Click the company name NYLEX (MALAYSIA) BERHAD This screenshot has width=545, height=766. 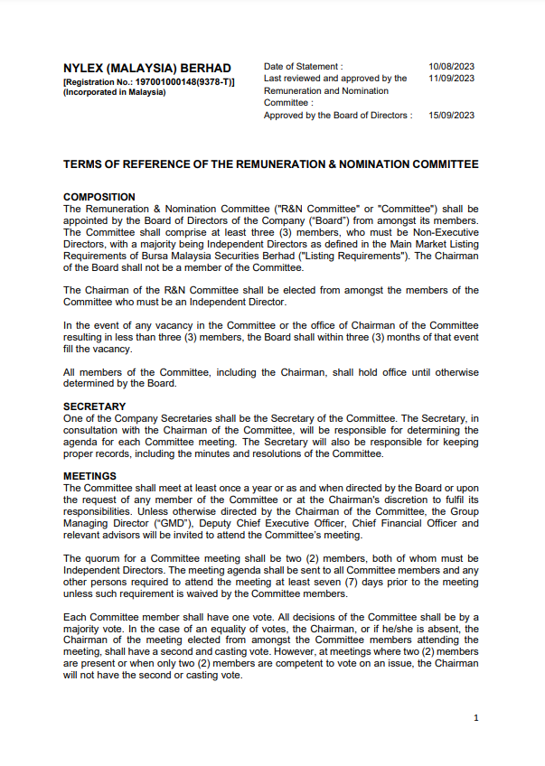point(147,68)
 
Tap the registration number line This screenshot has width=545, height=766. point(149,81)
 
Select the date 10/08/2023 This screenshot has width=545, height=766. point(452,67)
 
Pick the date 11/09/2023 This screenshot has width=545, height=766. point(452,79)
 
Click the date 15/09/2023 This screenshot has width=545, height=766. point(452,116)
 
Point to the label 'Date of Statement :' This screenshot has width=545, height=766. point(303,67)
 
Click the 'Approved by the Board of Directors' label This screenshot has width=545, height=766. point(337,116)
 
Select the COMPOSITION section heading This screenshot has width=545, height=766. point(99,197)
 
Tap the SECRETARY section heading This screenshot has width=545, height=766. point(95,406)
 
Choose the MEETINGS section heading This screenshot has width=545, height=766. point(90,476)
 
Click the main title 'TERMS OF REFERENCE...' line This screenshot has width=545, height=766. point(270,164)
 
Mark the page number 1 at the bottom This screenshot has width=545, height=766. point(475,718)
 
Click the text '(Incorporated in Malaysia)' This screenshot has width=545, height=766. point(115,92)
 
